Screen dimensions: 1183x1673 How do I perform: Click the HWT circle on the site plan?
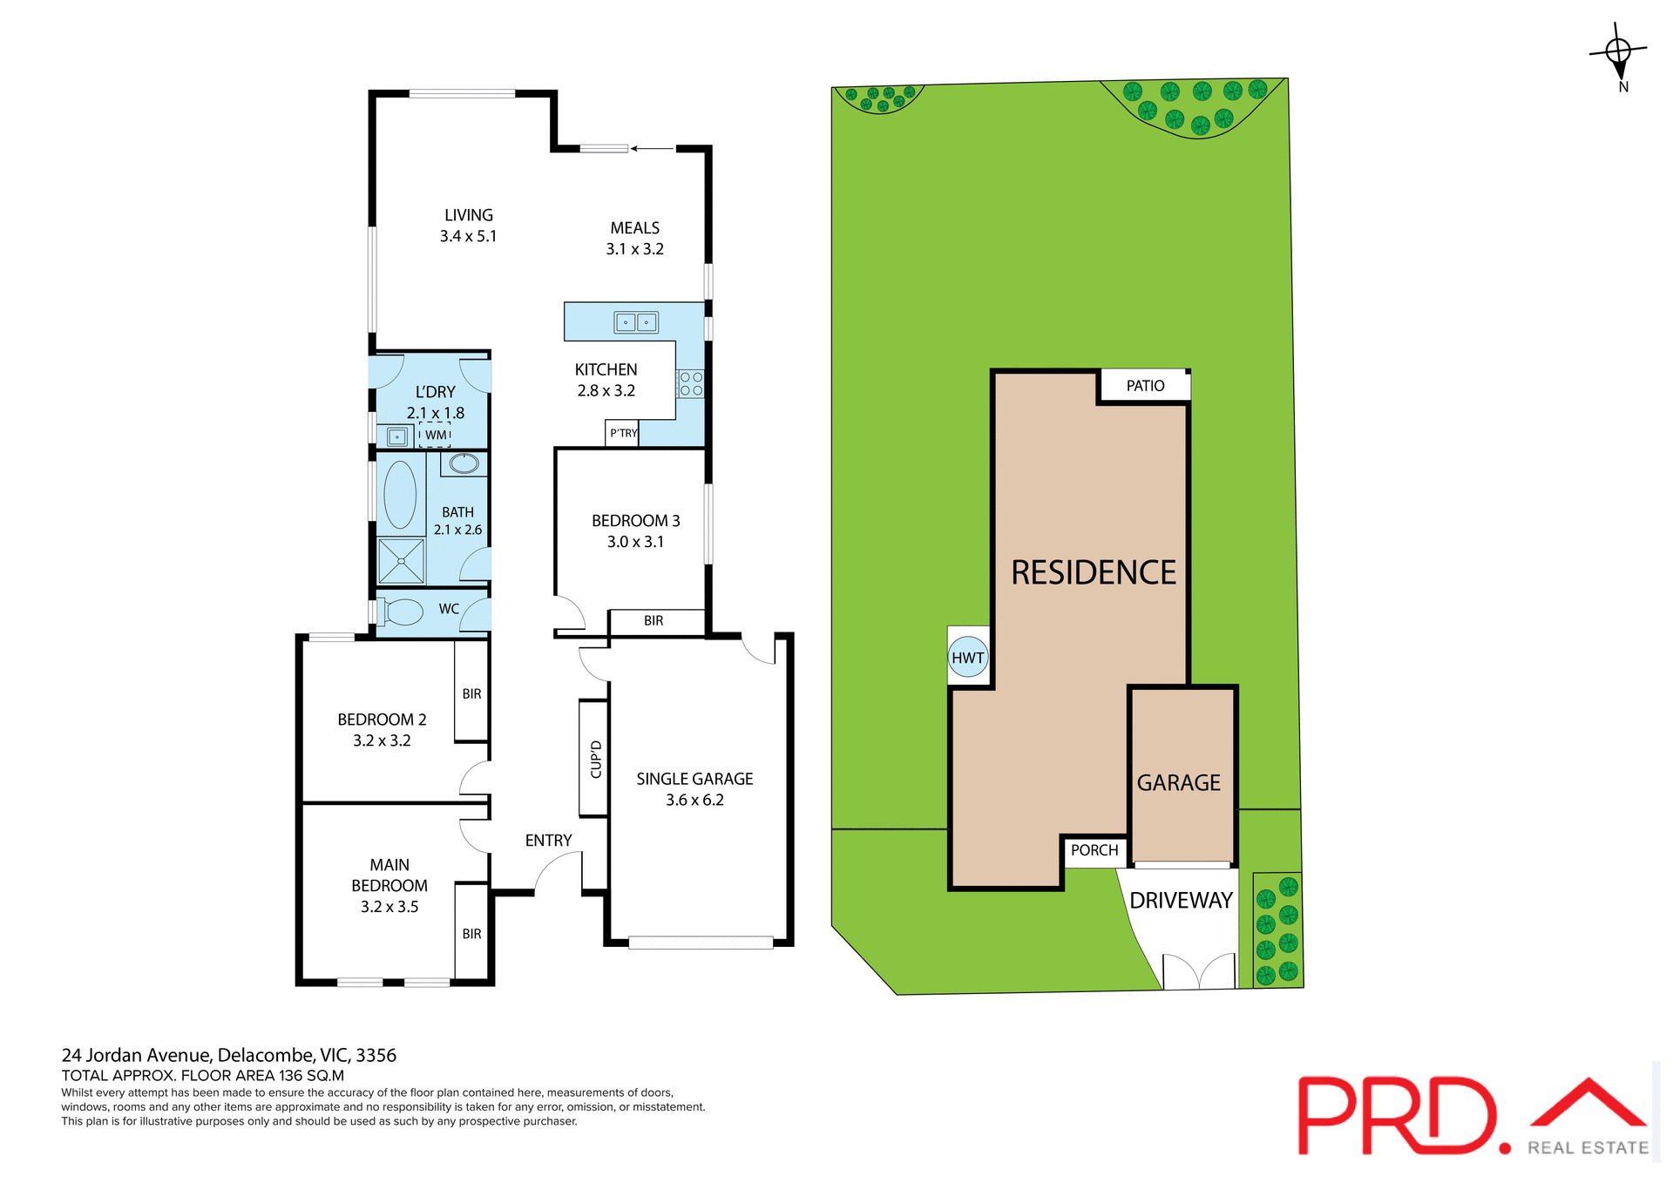(967, 658)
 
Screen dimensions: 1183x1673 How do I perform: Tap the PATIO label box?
(1145, 386)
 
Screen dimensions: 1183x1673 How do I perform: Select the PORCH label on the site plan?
(1094, 850)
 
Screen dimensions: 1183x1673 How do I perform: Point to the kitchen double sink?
(636, 322)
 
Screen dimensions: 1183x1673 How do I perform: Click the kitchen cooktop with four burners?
(691, 384)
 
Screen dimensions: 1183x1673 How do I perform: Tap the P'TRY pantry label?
(623, 433)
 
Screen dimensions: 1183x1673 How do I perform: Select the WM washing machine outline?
(435, 435)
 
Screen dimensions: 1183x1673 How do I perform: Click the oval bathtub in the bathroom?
(400, 495)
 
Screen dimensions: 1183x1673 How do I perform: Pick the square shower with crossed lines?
(401, 561)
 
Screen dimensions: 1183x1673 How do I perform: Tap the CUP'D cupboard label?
(596, 759)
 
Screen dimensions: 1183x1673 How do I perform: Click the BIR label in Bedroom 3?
(654, 621)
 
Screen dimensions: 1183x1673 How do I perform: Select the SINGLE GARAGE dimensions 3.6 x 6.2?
(694, 801)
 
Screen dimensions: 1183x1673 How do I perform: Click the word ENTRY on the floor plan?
(548, 841)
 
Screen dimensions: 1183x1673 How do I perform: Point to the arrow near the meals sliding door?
(652, 149)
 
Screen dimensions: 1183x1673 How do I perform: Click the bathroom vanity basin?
(464, 463)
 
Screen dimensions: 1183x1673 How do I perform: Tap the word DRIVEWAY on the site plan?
(1181, 901)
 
